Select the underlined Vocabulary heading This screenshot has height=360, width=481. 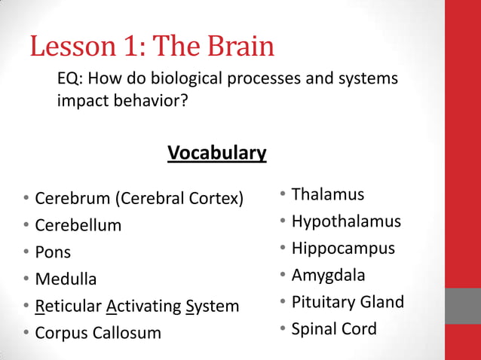(216, 153)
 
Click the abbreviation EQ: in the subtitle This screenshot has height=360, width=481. (72, 78)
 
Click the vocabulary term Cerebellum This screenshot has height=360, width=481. (78, 225)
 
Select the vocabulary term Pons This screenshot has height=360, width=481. (53, 252)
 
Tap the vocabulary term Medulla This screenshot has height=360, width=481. (66, 279)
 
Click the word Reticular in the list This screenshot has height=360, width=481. (68, 306)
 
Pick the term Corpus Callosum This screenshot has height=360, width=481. (98, 332)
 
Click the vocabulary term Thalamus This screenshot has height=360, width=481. (327, 194)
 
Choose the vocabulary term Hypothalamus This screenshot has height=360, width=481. (346, 221)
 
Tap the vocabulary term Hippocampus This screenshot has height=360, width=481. (343, 248)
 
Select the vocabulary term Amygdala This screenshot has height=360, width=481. (328, 275)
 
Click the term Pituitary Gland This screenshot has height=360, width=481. (348, 302)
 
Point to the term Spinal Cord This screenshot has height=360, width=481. (334, 329)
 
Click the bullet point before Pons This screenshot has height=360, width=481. (26, 252)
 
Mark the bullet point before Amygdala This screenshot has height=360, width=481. (281, 275)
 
